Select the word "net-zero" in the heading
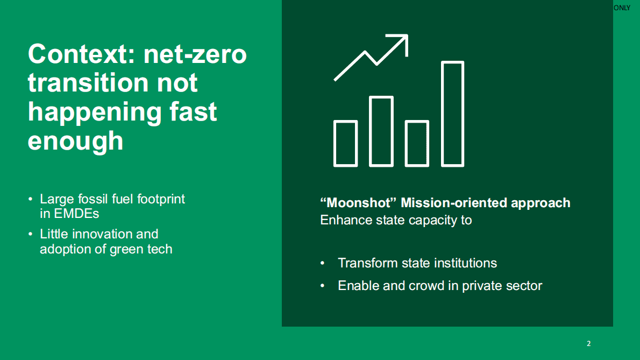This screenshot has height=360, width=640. [195, 55]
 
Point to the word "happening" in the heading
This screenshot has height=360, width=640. [94, 112]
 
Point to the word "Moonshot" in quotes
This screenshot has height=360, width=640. [358, 203]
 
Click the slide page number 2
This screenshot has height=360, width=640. [588, 344]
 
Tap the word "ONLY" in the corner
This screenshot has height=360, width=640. [622, 8]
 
